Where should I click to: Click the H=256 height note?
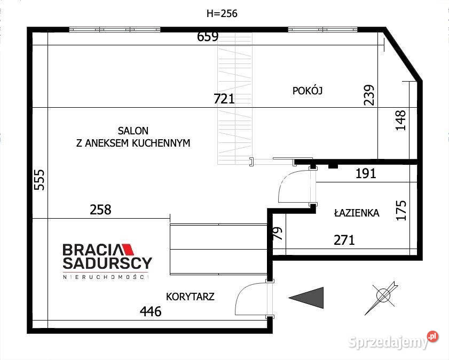[222, 13]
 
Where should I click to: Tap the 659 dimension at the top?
[208, 37]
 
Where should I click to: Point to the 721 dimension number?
[224, 99]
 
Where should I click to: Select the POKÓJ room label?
[308, 91]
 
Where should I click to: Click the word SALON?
[133, 131]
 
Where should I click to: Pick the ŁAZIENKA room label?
[357, 212]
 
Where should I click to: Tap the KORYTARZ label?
[190, 297]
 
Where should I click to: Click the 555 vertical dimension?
[40, 180]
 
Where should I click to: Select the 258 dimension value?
[100, 210]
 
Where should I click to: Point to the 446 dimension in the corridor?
[151, 311]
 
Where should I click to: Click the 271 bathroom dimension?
[344, 240]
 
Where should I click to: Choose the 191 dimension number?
[366, 173]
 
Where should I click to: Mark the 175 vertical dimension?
[401, 211]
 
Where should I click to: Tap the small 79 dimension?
[278, 233]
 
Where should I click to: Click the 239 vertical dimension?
[369, 95]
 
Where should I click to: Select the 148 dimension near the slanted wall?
[400, 120]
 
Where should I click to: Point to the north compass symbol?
[381, 298]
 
